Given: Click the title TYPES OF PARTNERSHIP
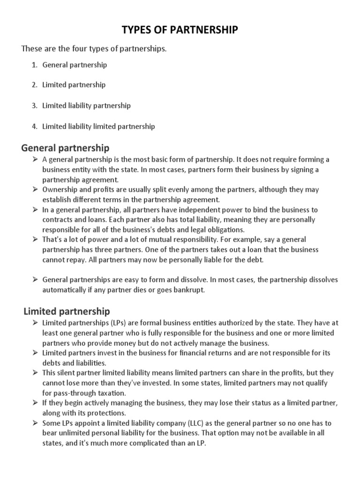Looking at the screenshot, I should coord(180,30).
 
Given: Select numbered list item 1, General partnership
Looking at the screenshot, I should coord(75,65).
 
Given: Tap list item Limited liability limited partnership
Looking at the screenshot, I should coord(98,127).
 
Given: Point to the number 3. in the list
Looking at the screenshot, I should coord(35,106).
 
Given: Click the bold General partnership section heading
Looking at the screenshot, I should coord(65,148).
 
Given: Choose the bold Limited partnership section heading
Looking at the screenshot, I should coord(67,311).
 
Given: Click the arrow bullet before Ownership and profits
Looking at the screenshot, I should coord(35,190).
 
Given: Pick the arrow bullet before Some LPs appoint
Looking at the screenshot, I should coord(35,423).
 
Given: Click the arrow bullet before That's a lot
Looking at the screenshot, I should coord(35,240).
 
